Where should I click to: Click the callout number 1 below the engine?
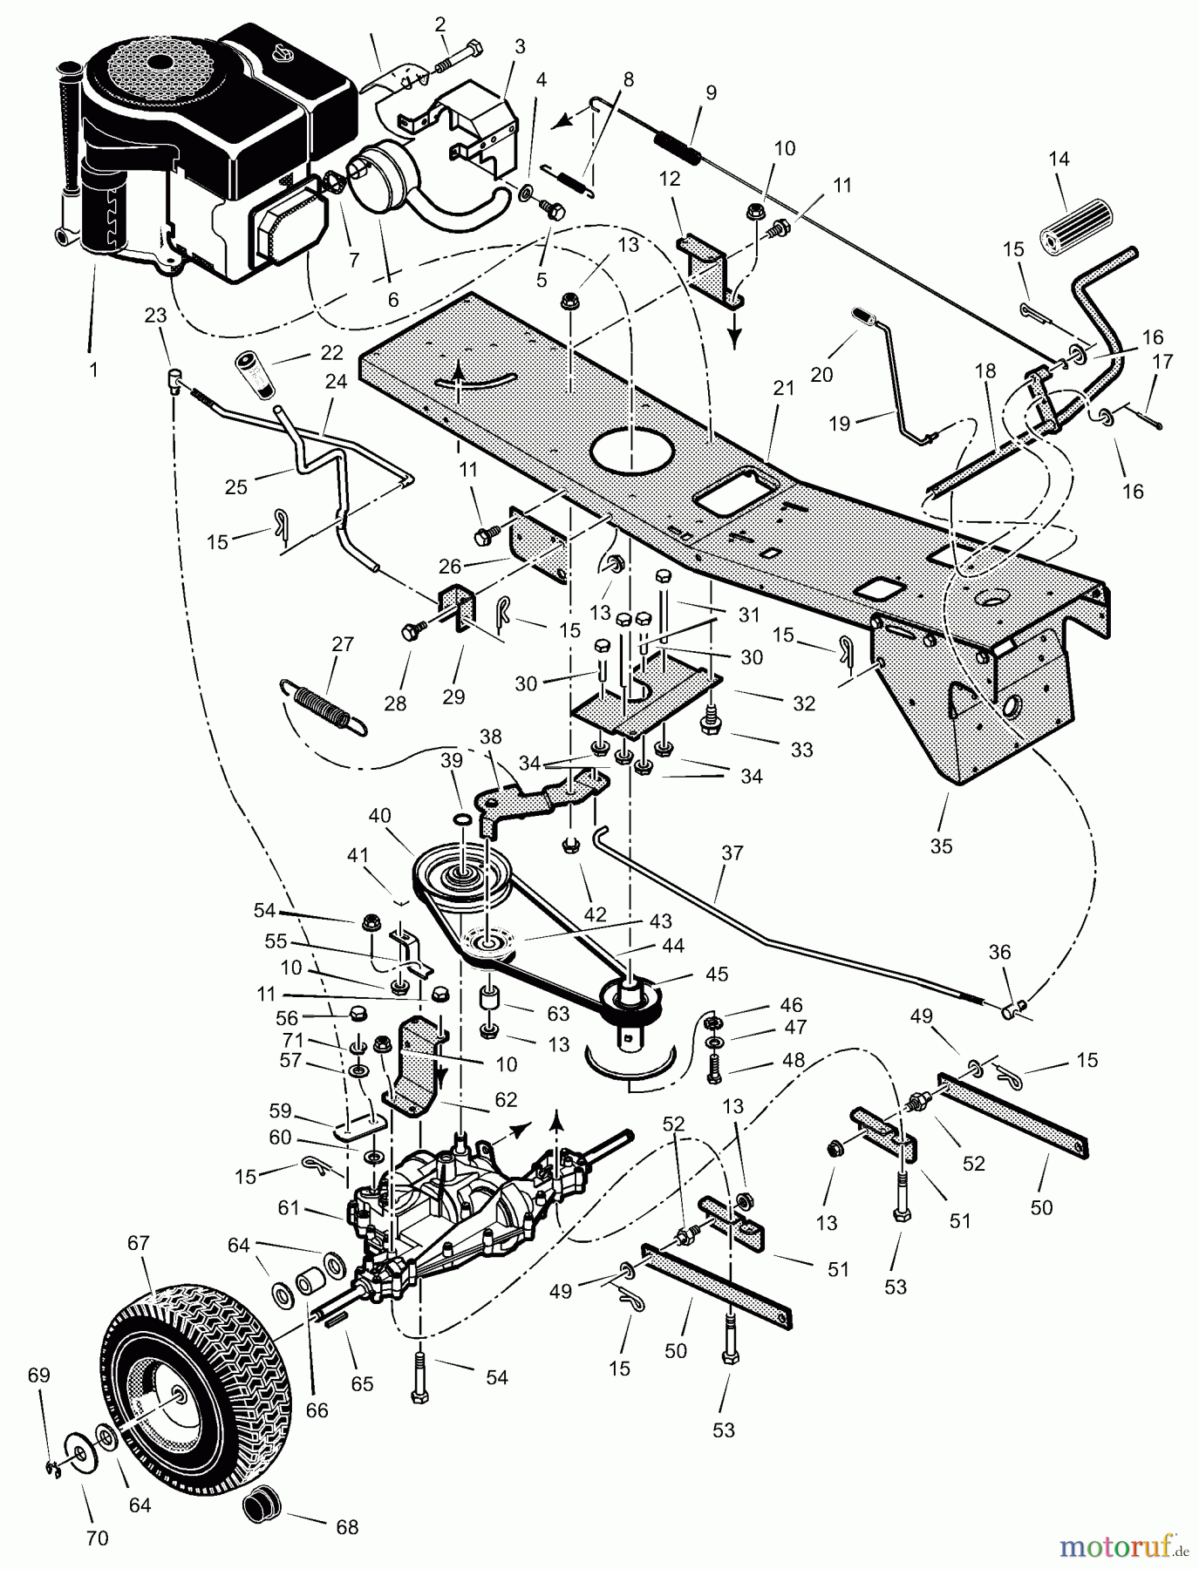tap(93, 369)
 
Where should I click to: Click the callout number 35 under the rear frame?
tap(941, 845)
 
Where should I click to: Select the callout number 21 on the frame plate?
tap(784, 388)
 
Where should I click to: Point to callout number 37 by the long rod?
tap(732, 852)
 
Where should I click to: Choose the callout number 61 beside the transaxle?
tap(289, 1207)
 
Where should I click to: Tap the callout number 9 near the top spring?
tap(711, 92)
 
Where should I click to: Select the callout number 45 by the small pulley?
tap(716, 974)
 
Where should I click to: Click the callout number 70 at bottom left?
tap(97, 1538)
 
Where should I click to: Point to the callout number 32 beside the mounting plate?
tap(803, 702)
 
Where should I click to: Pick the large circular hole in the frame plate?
tap(632, 452)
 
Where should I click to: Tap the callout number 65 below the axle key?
tap(362, 1383)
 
